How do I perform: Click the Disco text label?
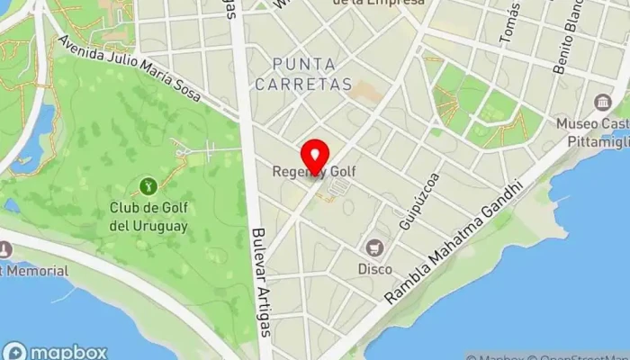[374, 268]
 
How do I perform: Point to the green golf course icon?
[148, 186]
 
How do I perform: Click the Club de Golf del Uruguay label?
[148, 217]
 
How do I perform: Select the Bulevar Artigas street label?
[262, 279]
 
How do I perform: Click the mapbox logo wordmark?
[56, 352]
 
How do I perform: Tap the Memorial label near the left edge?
[34, 271]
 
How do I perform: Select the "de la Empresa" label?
[378, 3]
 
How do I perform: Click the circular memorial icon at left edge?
[4, 248]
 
